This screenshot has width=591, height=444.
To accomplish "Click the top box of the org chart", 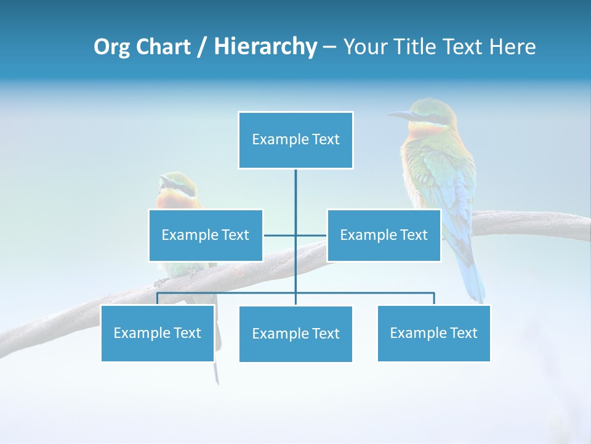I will click(x=295, y=140).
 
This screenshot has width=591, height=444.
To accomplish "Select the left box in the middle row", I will click(x=206, y=235).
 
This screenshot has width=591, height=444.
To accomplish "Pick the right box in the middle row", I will click(x=384, y=235).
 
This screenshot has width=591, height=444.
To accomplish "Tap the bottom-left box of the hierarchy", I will click(x=158, y=333).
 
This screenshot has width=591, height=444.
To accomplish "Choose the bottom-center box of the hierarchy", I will click(x=295, y=334).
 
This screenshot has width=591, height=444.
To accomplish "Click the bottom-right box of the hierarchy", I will click(x=433, y=333).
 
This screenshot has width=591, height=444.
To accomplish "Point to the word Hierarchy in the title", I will click(x=265, y=47).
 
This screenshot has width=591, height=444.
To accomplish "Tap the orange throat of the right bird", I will click(x=425, y=131).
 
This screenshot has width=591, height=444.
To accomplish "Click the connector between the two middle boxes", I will click(x=295, y=235).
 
